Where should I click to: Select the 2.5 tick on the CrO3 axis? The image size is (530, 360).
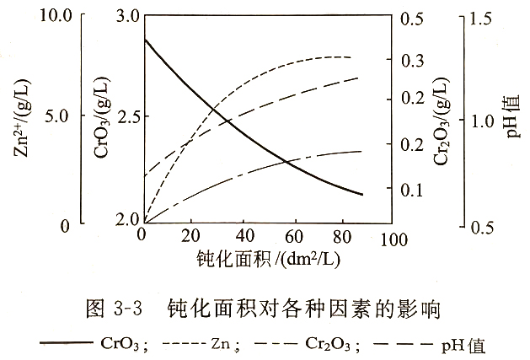point(141,116)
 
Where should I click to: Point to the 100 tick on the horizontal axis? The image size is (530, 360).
point(391,226)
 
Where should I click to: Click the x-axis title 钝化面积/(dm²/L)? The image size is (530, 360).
point(268,255)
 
